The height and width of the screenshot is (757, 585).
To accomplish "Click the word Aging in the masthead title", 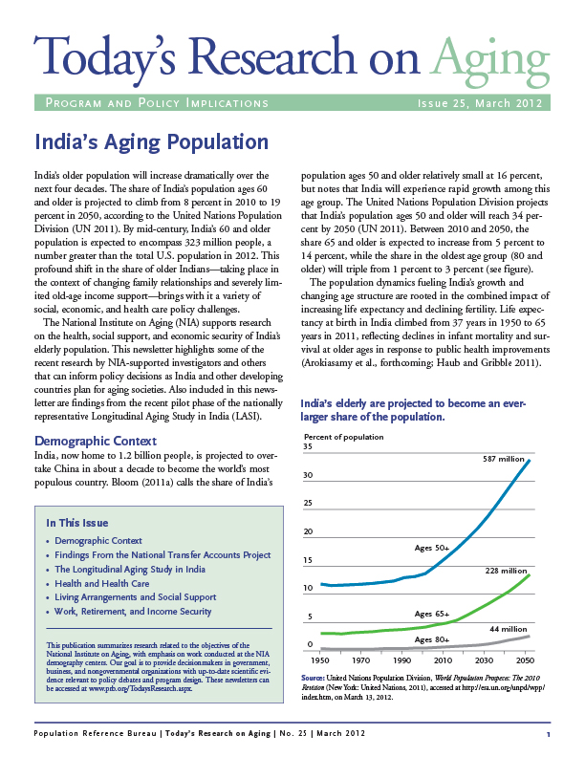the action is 490,62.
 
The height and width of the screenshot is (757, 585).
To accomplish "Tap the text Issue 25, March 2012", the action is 480,103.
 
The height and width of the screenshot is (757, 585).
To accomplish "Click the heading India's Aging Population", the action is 152,142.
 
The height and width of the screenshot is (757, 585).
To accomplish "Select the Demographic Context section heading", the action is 96,441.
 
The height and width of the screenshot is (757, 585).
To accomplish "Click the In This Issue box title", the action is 77,523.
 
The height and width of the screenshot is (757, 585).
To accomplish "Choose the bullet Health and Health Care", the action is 102,583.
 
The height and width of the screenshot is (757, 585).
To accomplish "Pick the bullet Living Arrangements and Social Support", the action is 135,597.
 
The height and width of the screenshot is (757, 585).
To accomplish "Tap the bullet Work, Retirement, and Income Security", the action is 133,611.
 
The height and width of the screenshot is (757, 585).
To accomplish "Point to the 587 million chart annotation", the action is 504,459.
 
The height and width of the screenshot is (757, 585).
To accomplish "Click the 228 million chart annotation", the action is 506,571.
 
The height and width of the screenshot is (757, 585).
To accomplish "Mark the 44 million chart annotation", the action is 509,629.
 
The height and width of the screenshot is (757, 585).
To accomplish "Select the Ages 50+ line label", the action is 432,548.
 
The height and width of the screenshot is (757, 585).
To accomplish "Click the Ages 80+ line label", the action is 432,639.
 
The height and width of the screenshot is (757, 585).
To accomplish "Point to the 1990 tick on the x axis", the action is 402,660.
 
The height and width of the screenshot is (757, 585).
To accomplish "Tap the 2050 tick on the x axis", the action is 525,660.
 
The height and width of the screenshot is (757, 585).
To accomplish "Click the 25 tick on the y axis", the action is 308,503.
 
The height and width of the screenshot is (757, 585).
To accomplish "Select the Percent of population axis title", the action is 344,437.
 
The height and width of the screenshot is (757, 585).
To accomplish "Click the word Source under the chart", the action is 313,678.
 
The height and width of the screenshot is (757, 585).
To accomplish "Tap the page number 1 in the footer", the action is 549,734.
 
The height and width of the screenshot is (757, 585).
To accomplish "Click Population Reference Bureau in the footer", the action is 95,733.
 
